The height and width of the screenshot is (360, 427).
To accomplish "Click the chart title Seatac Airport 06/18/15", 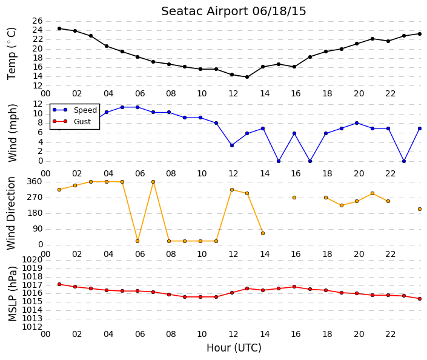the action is point(233,12).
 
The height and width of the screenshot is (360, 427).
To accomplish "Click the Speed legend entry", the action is point(74,110).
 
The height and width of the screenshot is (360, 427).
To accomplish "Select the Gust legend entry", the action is point(71,121).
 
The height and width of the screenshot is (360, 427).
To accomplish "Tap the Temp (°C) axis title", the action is point(12,53).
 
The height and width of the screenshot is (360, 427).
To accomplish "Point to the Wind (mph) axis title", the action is point(12,133).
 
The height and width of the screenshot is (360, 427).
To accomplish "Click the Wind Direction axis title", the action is point(11,213).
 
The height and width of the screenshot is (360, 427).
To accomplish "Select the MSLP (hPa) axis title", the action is point(13,293).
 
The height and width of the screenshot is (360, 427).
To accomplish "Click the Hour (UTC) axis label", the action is point(234,348).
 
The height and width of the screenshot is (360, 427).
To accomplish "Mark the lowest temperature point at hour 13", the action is point(247,77).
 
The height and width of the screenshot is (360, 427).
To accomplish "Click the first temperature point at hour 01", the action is point(59,28).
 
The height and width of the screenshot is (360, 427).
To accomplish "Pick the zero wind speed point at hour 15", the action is point(279,161).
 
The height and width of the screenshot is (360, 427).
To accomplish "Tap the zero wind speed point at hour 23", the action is point(404,161).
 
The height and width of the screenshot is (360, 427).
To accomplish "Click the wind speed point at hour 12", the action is point(232,145).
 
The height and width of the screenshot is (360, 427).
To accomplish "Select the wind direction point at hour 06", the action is point(137,241).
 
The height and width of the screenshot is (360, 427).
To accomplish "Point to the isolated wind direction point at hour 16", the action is point(294,198).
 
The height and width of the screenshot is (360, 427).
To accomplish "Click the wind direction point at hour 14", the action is point(263,233).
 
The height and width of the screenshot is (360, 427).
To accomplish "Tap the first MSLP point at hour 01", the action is point(59,284).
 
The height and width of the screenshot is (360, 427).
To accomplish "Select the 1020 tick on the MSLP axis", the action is point(32,259).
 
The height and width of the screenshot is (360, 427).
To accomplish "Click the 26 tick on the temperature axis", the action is point(38,21).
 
